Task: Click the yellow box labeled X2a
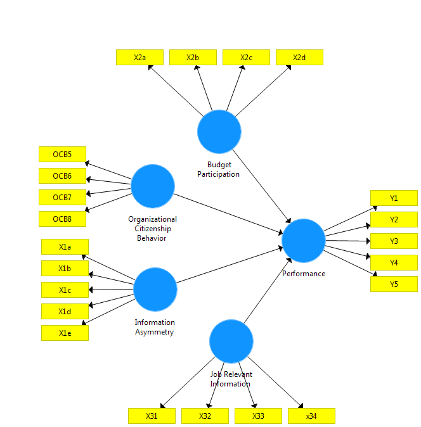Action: tap(139, 58)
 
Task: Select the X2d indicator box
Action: tap(299, 58)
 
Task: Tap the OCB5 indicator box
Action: tap(62, 155)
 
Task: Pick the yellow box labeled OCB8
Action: tap(62, 219)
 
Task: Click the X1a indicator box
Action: tap(65, 247)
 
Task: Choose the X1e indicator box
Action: tap(65, 333)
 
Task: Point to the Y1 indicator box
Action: tap(394, 198)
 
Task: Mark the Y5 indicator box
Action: tap(394, 284)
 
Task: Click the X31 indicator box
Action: tap(152, 416)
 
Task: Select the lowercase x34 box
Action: tap(311, 416)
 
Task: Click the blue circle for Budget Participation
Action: tap(219, 132)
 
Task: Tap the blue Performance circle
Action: tap(304, 241)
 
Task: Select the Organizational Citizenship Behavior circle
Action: tap(153, 186)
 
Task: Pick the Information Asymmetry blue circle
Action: tap(155, 290)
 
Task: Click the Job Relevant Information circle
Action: tap(231, 341)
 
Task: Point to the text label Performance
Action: tap(304, 274)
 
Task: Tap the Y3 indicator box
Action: tap(394, 241)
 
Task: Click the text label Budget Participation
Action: tap(219, 169)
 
